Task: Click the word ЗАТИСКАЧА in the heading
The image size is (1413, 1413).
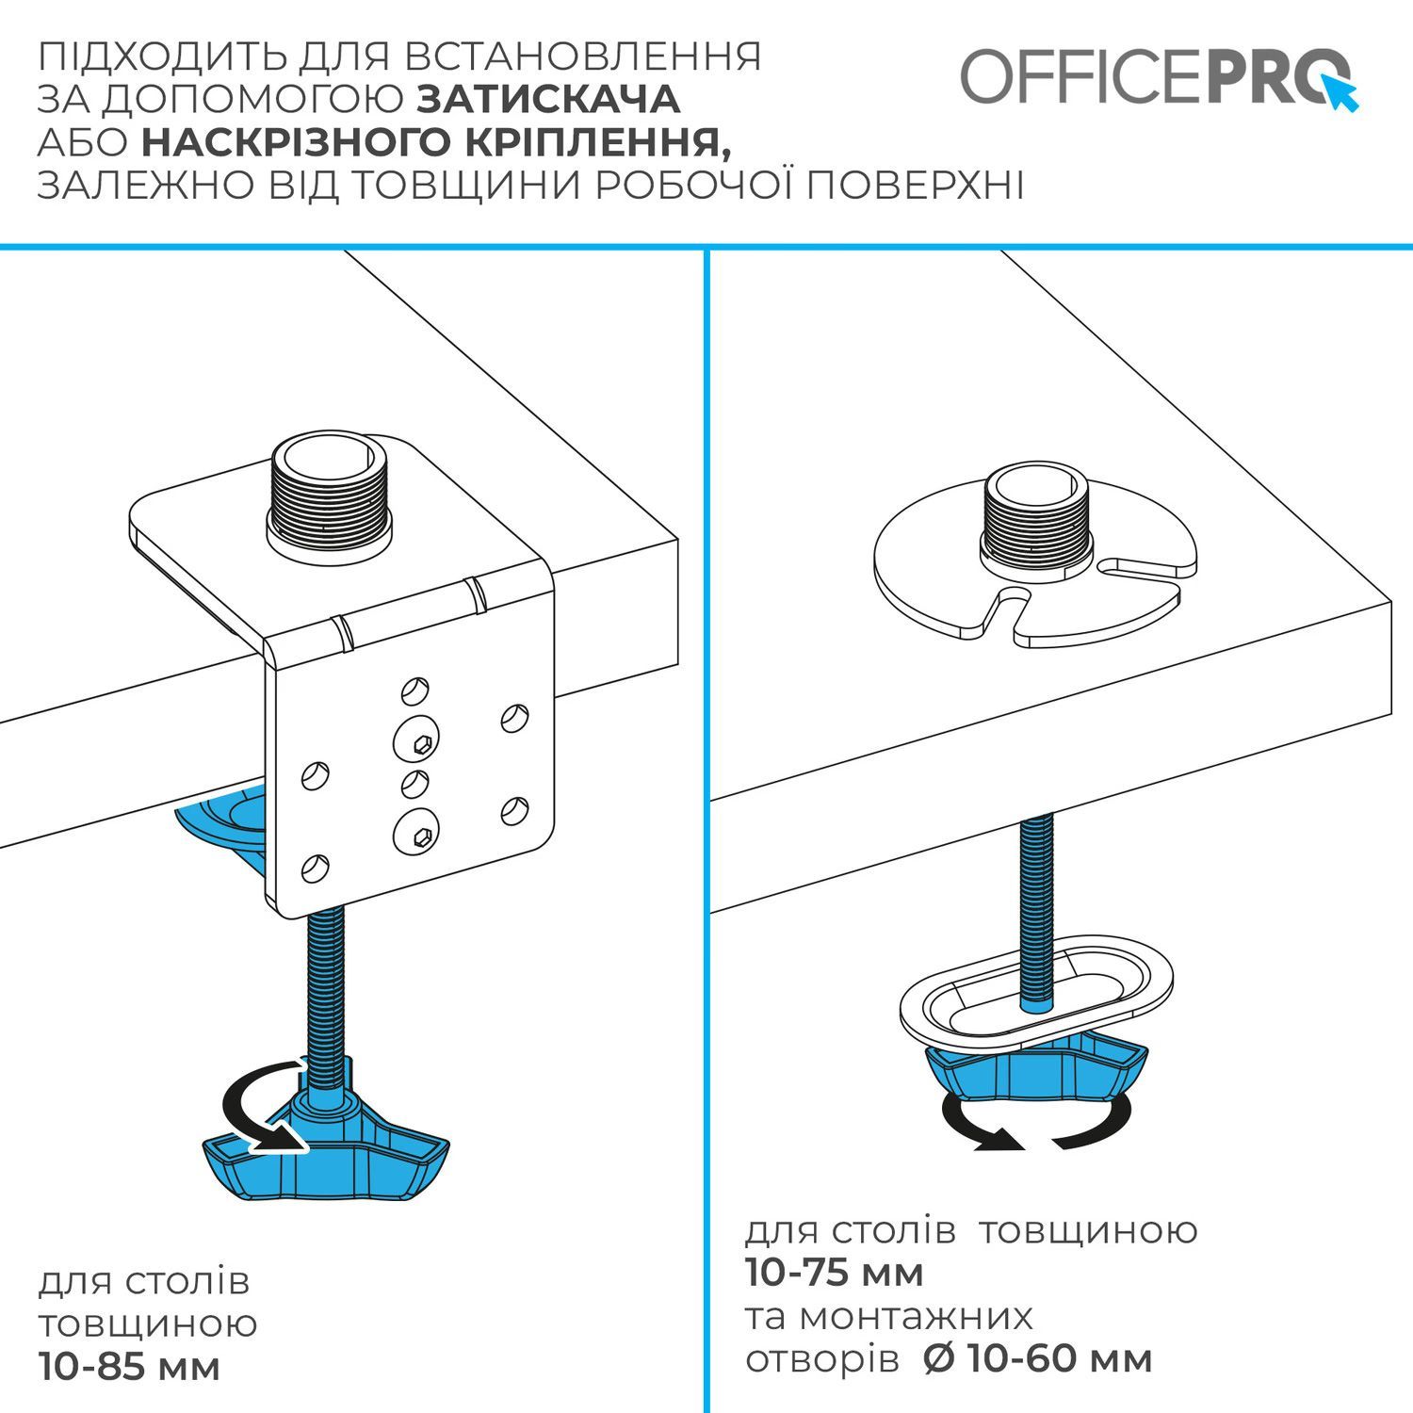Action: (x=548, y=99)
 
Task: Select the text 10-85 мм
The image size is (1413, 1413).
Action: (x=130, y=1366)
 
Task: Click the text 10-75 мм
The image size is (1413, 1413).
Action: (x=835, y=1273)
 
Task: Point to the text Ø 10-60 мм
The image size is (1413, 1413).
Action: (x=1038, y=1359)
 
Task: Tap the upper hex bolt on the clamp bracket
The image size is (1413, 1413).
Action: (x=417, y=741)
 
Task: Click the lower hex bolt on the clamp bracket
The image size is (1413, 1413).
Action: (x=417, y=833)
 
